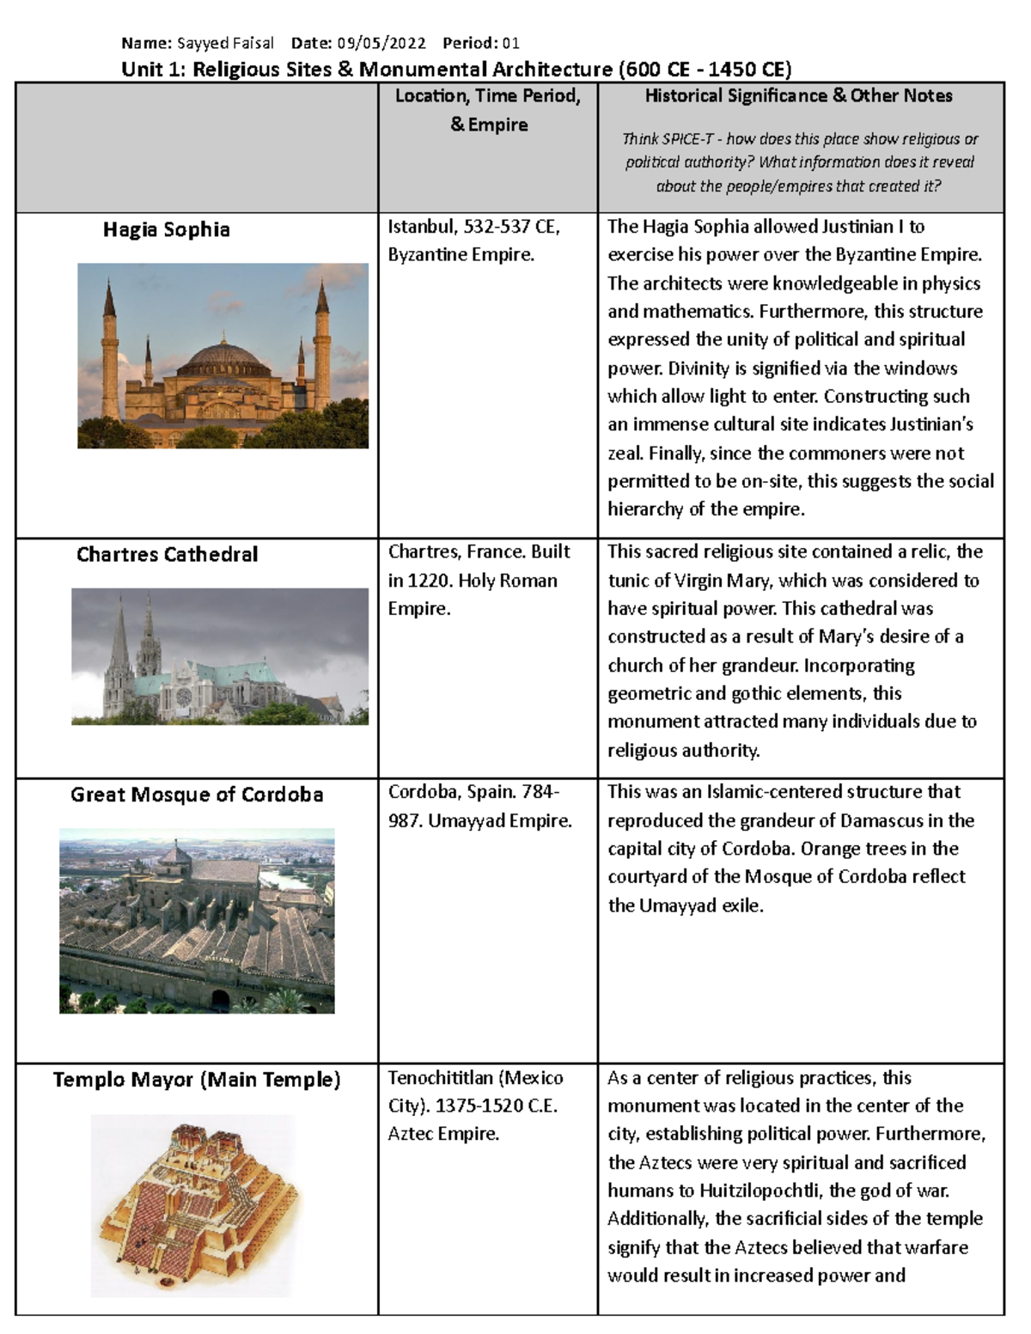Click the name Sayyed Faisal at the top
(x=225, y=43)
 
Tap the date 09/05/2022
(x=381, y=43)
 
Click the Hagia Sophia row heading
(x=167, y=229)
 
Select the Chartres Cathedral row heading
(x=167, y=554)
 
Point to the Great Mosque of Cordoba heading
(x=197, y=795)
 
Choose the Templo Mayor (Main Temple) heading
(x=197, y=1080)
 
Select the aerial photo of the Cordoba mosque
(x=197, y=921)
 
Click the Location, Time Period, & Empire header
(x=488, y=110)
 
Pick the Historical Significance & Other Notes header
(x=799, y=96)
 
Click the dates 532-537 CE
(x=512, y=227)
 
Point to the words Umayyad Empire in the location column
(x=500, y=821)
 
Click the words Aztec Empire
(x=443, y=1134)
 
